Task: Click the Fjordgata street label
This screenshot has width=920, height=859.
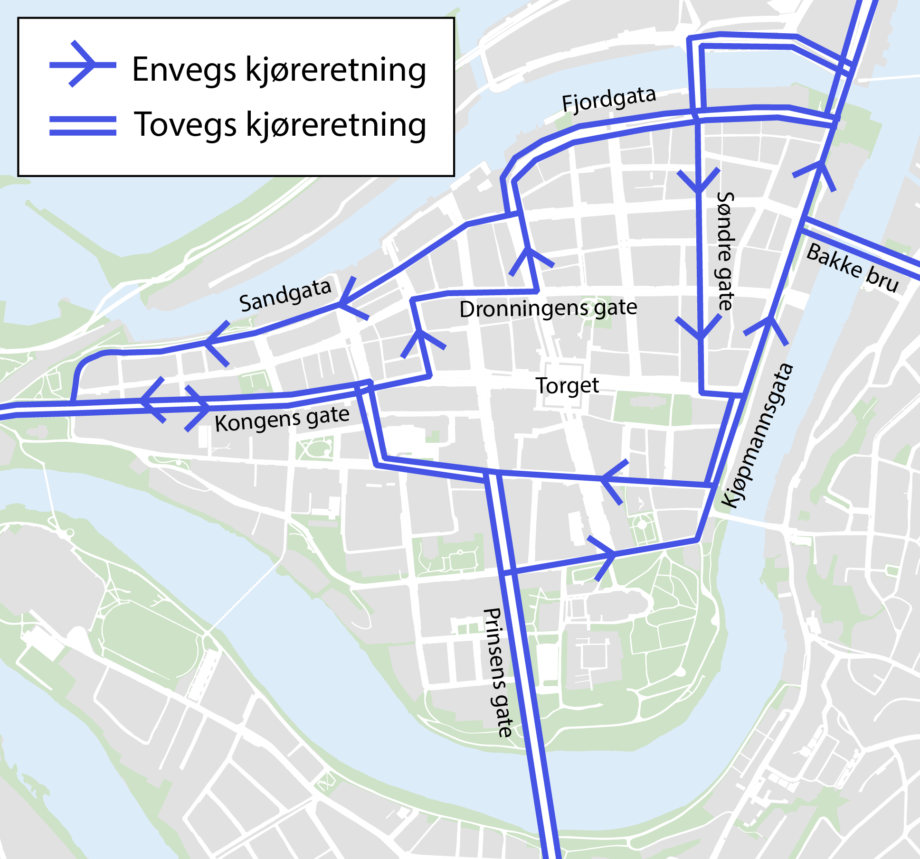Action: click(609, 100)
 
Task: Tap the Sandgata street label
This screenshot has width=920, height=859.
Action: click(285, 296)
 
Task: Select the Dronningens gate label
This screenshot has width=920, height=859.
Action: click(548, 308)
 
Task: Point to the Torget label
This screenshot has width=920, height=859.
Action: click(567, 386)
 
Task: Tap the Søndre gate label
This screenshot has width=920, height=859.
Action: click(725, 252)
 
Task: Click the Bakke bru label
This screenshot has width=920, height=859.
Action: click(853, 268)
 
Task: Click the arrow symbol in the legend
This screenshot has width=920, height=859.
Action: click(83, 65)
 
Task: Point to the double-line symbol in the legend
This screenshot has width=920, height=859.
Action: click(83, 126)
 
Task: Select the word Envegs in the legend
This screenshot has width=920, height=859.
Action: click(184, 70)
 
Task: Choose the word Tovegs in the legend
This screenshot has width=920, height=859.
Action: click(186, 125)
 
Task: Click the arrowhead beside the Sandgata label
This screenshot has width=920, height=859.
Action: click(347, 301)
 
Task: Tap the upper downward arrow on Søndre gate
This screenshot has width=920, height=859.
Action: click(699, 183)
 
